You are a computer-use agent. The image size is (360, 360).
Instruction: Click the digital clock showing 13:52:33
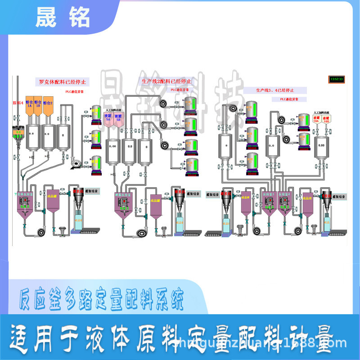coord(336,79)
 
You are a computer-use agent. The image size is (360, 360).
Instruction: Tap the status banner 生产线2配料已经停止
coord(166,81)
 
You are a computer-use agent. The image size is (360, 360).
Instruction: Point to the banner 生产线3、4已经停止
coord(275,90)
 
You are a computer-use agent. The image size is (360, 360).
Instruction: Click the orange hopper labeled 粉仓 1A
coord(30,104)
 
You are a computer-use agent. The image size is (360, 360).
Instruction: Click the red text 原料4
coord(18,103)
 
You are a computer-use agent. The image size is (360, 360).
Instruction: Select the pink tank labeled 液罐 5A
coord(108,119)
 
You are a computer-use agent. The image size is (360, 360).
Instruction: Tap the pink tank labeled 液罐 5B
coord(118,119)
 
